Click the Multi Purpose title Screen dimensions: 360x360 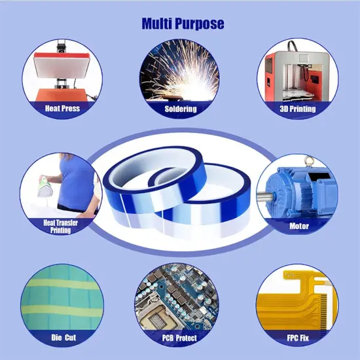pyautogui.click(x=183, y=24)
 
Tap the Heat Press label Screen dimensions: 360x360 pyautogui.click(x=62, y=107)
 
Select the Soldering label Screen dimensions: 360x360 pyautogui.click(x=180, y=109)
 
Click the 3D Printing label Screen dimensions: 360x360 pyautogui.click(x=297, y=109)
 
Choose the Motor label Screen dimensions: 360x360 pyautogui.click(x=298, y=226)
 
